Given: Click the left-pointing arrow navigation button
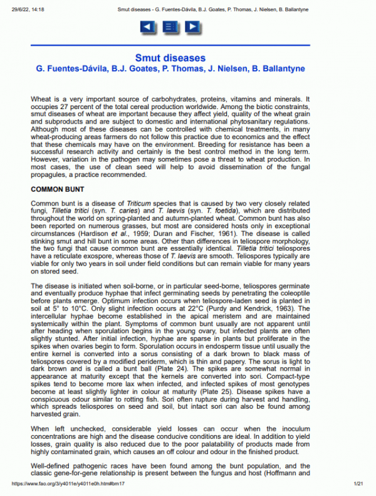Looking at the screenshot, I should [x=147, y=26].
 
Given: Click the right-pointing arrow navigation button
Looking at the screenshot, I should [x=192, y=26].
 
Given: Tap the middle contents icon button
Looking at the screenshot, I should [x=170, y=26].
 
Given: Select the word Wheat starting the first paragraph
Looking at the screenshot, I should [x=41, y=99].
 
